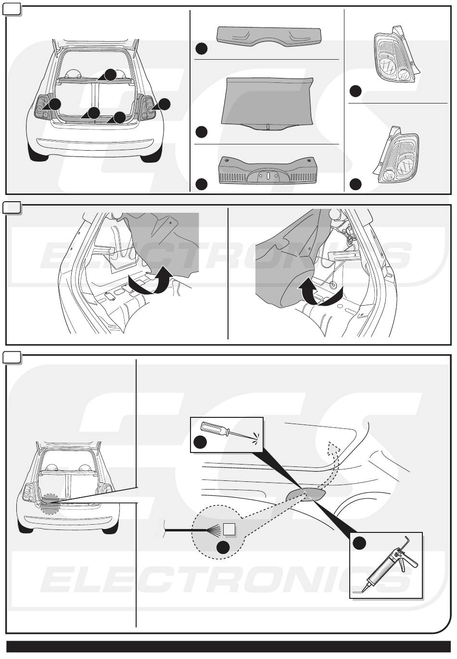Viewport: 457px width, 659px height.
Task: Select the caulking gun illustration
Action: [x=387, y=568]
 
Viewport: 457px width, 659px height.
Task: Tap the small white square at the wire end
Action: [x=229, y=529]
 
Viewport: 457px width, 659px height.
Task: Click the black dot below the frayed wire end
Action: [x=223, y=547]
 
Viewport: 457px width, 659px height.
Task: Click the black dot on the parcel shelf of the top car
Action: [x=111, y=74]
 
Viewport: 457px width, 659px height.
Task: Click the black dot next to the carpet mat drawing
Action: [x=202, y=131]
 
